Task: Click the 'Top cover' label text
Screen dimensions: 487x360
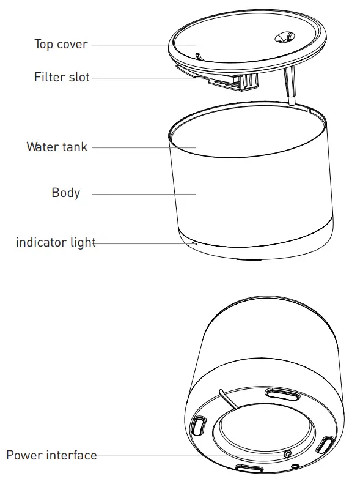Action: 61,45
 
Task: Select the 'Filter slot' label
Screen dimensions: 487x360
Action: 62,78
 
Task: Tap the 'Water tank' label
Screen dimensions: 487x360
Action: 57,147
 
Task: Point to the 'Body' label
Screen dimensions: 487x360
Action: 65,193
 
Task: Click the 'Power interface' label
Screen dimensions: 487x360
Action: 51,455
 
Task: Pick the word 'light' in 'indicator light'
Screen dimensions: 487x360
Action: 82,242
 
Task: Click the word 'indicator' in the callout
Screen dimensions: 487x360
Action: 41,242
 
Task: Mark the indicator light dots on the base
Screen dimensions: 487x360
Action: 194,243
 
